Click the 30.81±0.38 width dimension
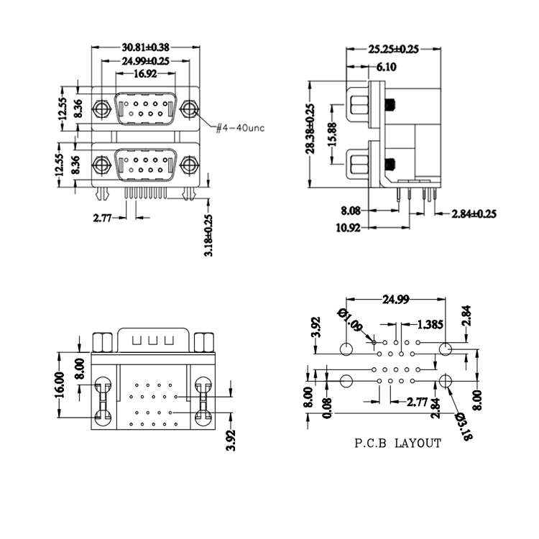145,47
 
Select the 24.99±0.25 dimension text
145,61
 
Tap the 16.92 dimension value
145,73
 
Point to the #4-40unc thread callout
240,128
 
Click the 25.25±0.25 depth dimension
394,50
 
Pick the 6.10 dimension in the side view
387,67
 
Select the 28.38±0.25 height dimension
310,129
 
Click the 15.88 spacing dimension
333,134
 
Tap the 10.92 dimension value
349,228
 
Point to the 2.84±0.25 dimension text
474,214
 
